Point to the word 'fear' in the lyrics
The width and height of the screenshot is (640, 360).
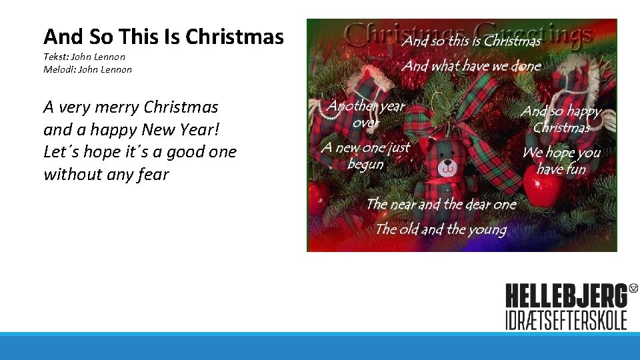(154, 175)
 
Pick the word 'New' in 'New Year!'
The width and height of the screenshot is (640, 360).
(158, 129)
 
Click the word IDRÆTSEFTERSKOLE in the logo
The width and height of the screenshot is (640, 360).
(566, 319)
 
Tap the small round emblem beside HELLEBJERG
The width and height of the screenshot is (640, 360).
(633, 289)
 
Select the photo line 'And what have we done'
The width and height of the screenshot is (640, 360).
(471, 65)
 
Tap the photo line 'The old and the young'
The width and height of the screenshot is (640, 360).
(441, 229)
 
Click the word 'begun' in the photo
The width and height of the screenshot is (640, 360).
(365, 164)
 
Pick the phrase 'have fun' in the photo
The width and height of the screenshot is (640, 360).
(561, 169)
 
